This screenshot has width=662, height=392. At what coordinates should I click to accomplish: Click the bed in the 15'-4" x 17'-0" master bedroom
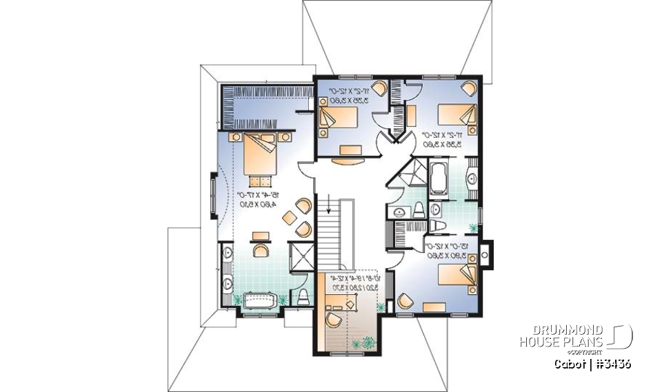click(262, 155)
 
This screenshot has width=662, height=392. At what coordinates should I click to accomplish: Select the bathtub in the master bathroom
click(259, 300)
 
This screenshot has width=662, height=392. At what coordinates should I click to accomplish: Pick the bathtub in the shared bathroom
click(439, 176)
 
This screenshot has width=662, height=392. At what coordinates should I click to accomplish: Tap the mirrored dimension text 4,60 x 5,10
click(255, 204)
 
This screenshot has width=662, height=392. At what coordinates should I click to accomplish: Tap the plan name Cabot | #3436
click(593, 364)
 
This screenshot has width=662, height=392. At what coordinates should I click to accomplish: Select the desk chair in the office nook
click(333, 319)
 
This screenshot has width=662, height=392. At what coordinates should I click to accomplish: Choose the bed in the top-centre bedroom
click(338, 117)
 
